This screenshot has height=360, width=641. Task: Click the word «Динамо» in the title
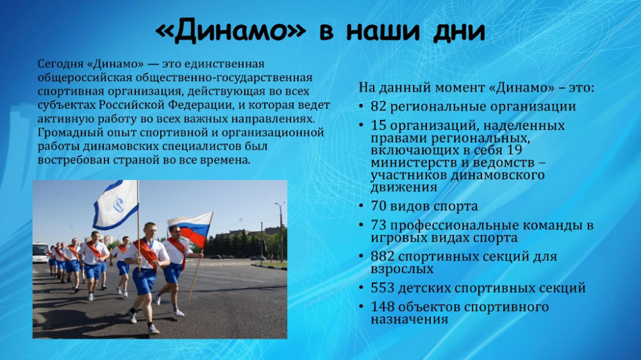[x=231, y=31]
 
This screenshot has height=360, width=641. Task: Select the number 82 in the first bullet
[x=379, y=106]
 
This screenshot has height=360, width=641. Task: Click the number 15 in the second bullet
[x=379, y=125]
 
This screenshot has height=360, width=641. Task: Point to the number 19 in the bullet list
[x=514, y=150]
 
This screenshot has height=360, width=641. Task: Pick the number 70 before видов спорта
[x=379, y=206]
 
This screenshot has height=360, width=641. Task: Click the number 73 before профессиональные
[x=379, y=225]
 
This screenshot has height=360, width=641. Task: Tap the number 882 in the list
[x=383, y=256]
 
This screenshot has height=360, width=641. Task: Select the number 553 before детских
[x=383, y=288]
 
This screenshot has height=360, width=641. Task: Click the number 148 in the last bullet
[x=383, y=306]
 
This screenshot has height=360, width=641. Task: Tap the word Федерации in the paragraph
[x=200, y=106]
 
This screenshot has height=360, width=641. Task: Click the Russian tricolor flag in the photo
[x=191, y=229]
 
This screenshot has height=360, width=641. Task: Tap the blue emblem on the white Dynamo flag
[x=119, y=204]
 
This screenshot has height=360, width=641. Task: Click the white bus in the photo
[x=40, y=252]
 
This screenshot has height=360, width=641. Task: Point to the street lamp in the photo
[x=281, y=231]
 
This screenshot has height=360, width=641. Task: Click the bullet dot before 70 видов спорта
[x=362, y=206]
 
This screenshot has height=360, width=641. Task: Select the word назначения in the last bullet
[x=409, y=320]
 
